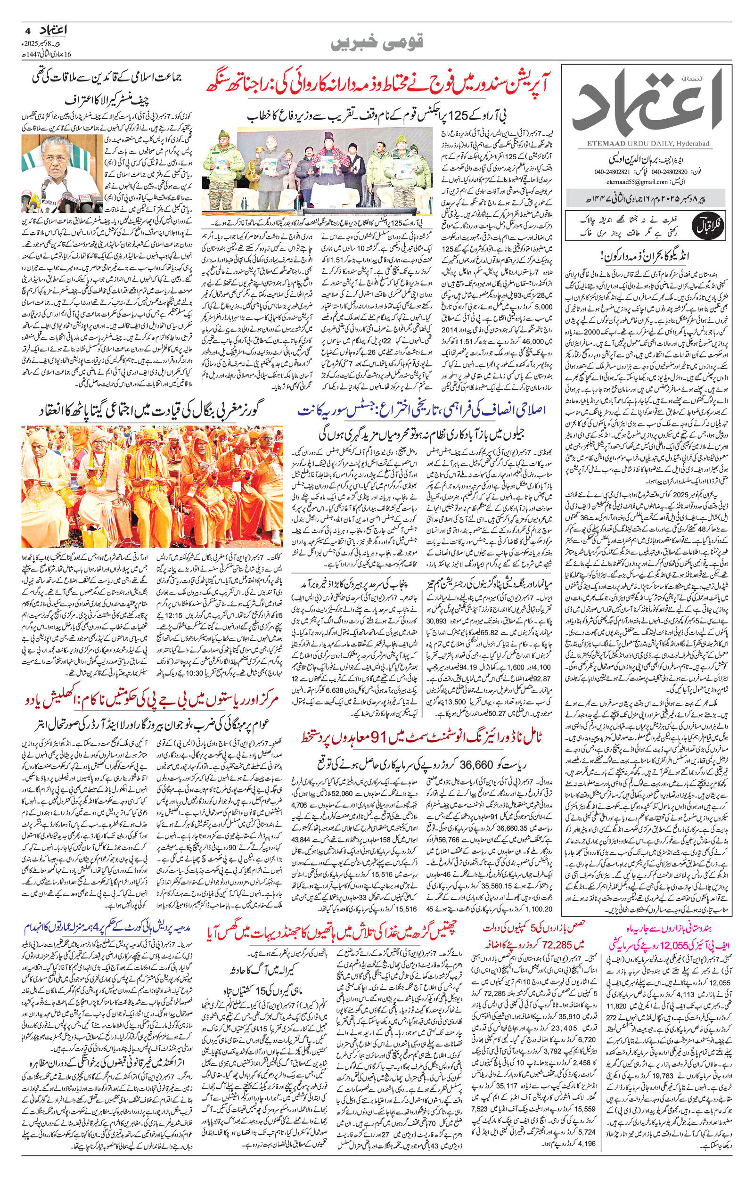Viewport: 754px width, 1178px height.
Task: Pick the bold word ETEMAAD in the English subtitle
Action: click(x=600, y=143)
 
